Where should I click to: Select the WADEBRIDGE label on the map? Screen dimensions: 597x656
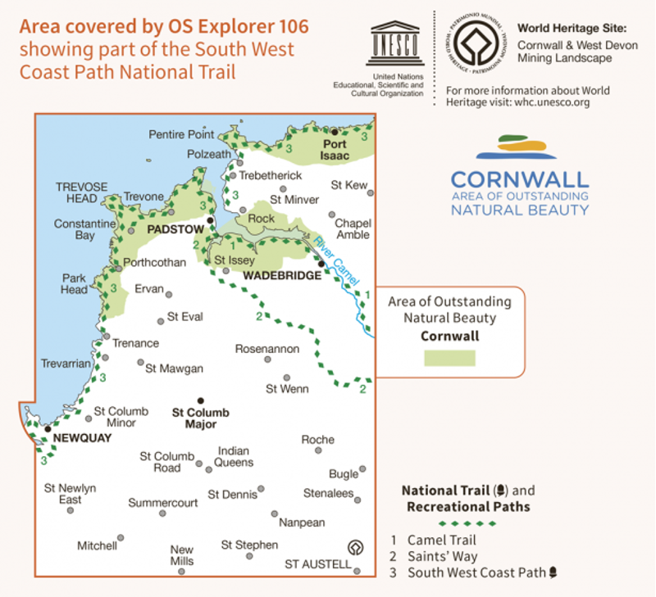tap(280, 276)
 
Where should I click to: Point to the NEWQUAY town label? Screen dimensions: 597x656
tap(81, 439)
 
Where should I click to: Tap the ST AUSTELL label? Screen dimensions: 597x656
tap(317, 564)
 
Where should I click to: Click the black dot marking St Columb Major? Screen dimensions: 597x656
tap(201, 400)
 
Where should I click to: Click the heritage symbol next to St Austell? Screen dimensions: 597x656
tap(355, 548)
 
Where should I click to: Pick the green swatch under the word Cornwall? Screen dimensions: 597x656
tap(449, 358)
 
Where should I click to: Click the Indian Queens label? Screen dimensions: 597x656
tap(235, 456)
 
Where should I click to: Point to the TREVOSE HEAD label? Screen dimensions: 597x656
tap(81, 193)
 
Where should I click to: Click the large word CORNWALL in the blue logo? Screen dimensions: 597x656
tap(520, 179)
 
